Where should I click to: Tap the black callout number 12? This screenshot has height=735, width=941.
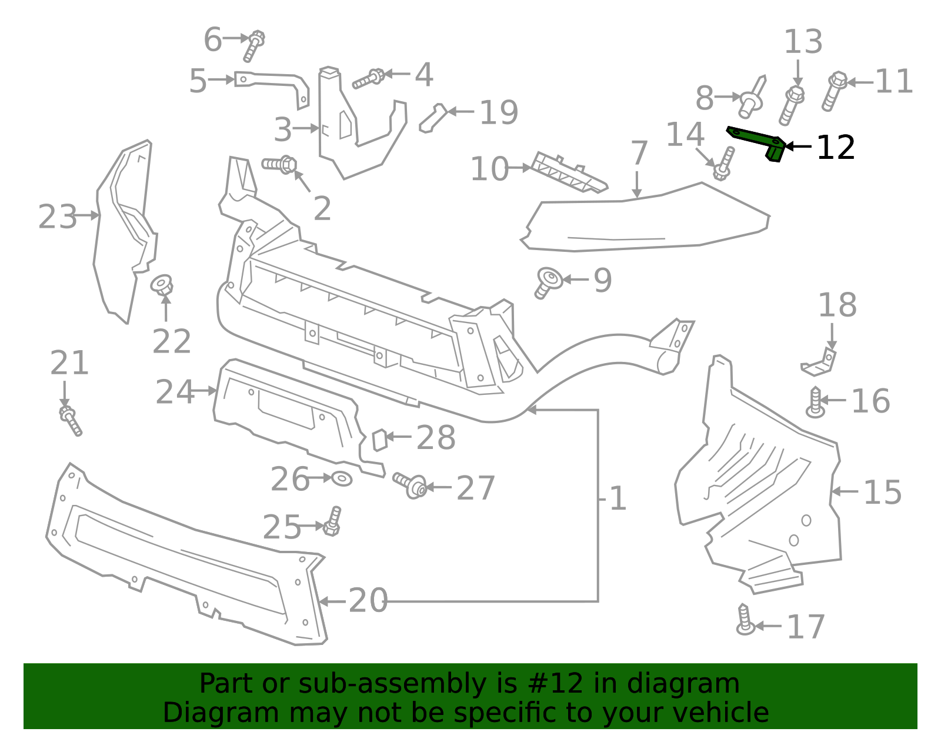[836, 148]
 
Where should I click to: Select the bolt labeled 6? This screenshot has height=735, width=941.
[254, 46]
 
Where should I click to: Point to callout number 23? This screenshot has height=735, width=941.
[57, 217]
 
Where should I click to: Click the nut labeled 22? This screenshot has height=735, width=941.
[162, 285]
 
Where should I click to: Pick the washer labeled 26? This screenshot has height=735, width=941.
[342, 478]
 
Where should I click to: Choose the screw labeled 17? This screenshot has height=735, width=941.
[745, 620]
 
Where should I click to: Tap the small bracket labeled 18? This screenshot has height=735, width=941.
[819, 362]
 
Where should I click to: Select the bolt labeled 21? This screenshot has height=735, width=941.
[71, 421]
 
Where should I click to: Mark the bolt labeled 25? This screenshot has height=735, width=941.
[332, 521]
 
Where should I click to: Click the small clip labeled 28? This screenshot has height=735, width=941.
[379, 440]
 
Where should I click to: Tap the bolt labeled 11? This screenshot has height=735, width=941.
[835, 91]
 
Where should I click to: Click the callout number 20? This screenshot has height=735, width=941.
[368, 601]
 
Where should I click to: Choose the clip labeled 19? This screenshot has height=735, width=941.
[433, 118]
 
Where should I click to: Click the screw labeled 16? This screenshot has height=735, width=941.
[815, 403]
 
